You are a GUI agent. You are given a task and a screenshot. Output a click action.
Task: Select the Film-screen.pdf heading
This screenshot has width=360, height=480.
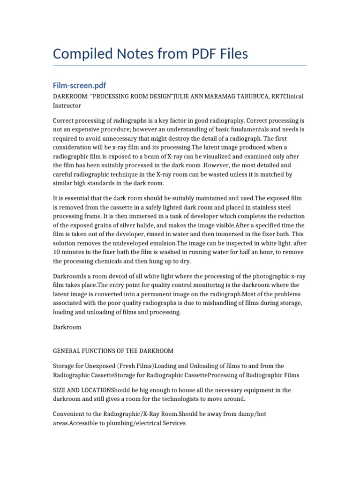79,85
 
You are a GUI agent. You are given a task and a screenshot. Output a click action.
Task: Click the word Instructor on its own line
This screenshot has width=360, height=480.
67,106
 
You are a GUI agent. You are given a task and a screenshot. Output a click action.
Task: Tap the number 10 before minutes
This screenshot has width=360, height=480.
57,252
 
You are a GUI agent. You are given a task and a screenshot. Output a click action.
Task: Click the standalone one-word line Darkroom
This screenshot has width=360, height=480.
67,327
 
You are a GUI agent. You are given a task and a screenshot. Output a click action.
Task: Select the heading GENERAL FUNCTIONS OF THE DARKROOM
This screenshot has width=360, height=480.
113,351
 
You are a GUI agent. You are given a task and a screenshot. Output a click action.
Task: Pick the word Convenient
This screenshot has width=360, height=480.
69,414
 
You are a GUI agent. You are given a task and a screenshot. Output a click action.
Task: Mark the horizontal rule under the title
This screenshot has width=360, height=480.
180,66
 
